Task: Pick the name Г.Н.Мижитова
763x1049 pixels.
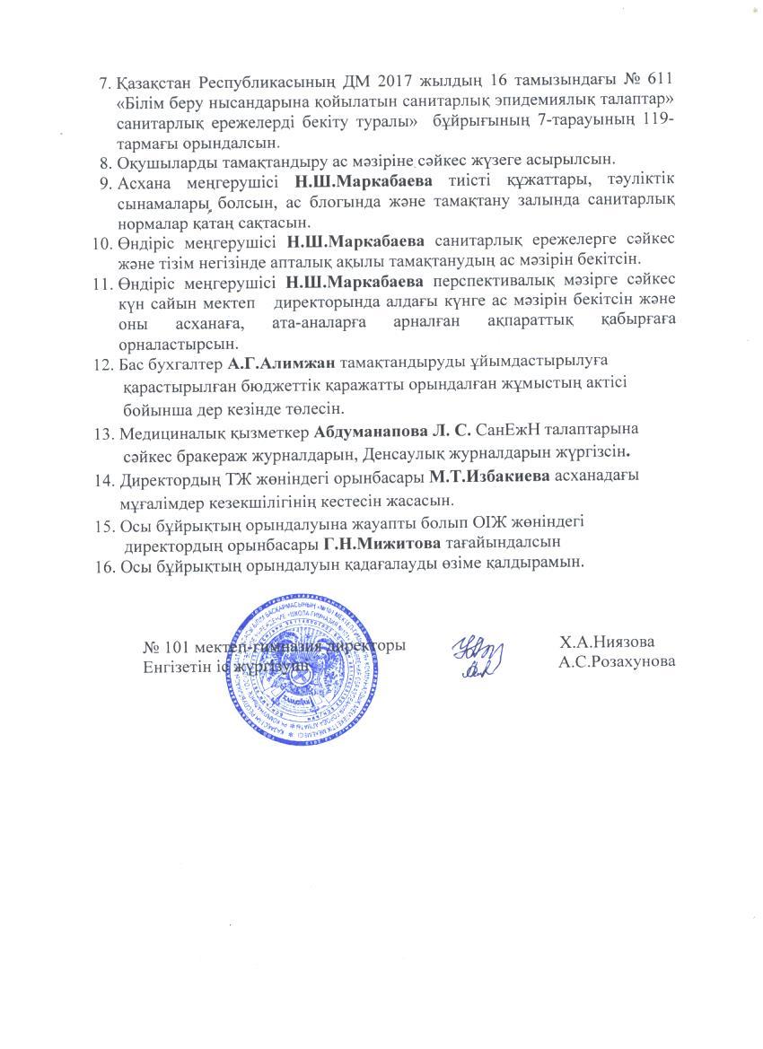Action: pyautogui.click(x=382, y=543)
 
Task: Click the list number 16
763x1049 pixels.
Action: pyautogui.click(x=104, y=564)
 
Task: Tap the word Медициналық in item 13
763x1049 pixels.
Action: pyautogui.click(x=169, y=433)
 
